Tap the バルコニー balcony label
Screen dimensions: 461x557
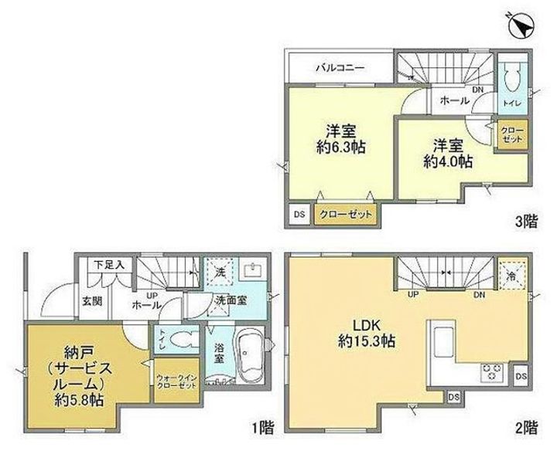pyautogui.click(x=340, y=68)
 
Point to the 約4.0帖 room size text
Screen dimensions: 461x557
pyautogui.click(x=448, y=161)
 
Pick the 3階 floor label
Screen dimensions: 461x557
pyautogui.click(x=526, y=222)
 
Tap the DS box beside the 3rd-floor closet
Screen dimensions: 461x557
pyautogui.click(x=298, y=215)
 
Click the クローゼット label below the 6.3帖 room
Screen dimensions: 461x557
pyautogui.click(x=346, y=215)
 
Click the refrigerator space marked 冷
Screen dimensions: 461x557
pyautogui.click(x=511, y=273)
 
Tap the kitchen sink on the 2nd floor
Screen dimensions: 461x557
pyautogui.click(x=443, y=339)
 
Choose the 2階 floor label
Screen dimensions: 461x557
pyautogui.click(x=525, y=426)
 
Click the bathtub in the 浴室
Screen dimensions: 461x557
pyautogui.click(x=249, y=353)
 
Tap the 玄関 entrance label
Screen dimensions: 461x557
pyautogui.click(x=91, y=300)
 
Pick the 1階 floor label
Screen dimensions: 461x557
pyautogui.click(x=261, y=427)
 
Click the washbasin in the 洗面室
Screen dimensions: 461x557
pyautogui.click(x=253, y=270)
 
